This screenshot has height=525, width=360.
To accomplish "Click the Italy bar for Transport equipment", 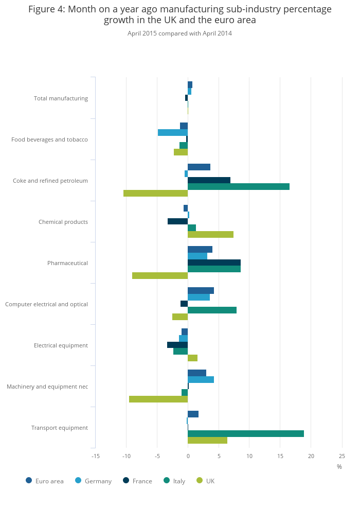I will (246, 433).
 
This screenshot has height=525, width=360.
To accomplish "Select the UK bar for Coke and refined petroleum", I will (156, 193).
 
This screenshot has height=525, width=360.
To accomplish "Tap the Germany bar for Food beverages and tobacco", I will (173, 132).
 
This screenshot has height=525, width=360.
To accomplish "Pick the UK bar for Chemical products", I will (210, 234).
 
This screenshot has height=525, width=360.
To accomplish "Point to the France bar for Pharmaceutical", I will (214, 262).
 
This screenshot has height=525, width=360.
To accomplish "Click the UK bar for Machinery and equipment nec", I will (158, 399).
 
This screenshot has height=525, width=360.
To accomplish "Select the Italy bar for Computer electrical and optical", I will (212, 310).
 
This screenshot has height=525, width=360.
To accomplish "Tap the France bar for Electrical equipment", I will (177, 345).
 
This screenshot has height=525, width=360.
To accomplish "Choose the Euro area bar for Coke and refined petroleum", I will (199, 167).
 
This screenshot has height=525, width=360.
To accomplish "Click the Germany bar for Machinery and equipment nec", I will (201, 379).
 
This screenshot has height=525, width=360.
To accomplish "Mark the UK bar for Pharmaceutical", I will (160, 275).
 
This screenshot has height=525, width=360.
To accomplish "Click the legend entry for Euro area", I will (45, 481).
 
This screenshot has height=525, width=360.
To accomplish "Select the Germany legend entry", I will (93, 481).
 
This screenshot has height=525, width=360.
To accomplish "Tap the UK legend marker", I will (200, 481).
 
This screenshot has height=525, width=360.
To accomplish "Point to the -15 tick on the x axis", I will (95, 456).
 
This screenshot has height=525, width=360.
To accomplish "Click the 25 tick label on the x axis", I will (341, 456).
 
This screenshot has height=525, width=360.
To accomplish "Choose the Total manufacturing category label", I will (61, 98).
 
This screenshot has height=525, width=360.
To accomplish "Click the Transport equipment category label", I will (60, 428).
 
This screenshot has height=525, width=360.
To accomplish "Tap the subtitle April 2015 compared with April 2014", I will (179, 33).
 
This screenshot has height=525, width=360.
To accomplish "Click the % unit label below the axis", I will (339, 466).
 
